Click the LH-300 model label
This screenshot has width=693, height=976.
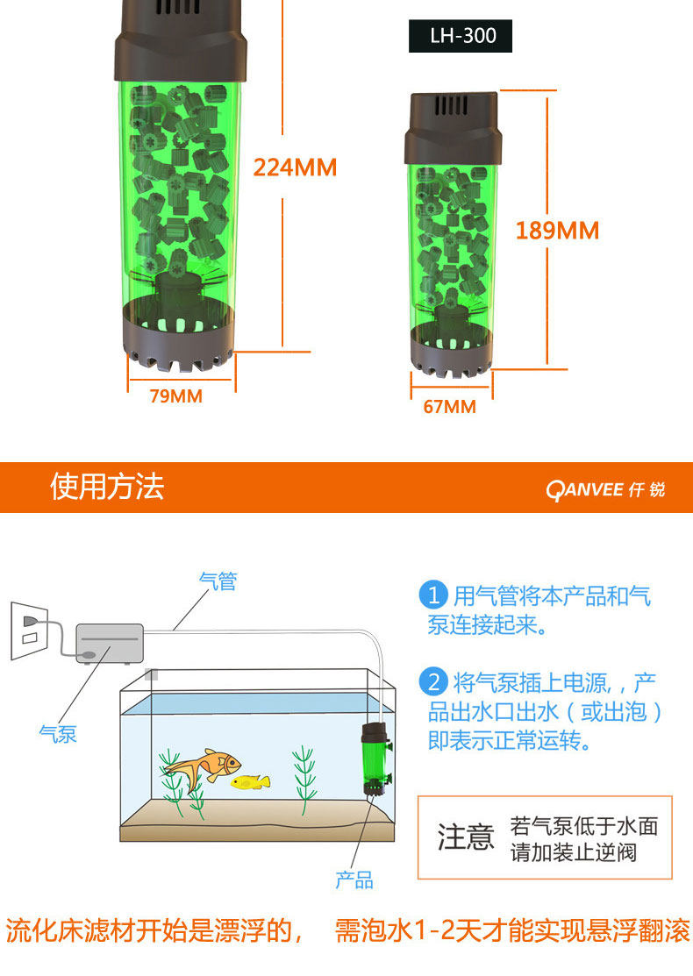pos(460,36)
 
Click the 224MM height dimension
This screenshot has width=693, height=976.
pos(295,167)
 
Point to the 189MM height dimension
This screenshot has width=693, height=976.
pos(557,231)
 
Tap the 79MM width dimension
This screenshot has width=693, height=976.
pos(175,396)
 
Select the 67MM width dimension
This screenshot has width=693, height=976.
pos(449,407)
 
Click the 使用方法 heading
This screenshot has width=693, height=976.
pos(107,487)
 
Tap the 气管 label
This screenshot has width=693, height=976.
pos(218,581)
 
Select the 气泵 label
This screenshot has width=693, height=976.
pos(57,733)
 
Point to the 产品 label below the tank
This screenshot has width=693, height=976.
pos(354,880)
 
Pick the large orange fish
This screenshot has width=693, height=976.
pos(202,766)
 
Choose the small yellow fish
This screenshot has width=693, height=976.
pos(251,781)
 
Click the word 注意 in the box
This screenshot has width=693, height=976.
pos(466,837)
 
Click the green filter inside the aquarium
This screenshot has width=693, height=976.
pos(375,759)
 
